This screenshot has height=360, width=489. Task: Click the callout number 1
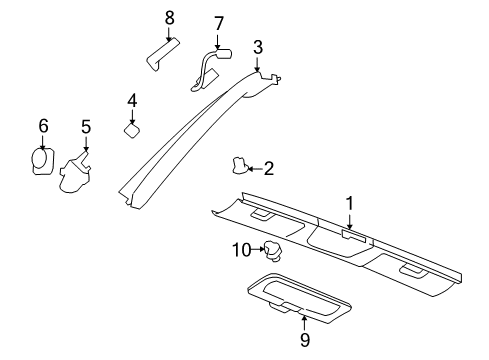pyautogui.click(x=350, y=203)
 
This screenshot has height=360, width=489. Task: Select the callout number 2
pyautogui.click(x=268, y=170)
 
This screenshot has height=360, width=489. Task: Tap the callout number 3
pyautogui.click(x=258, y=46)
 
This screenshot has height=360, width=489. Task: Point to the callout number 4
pyautogui.click(x=131, y=100)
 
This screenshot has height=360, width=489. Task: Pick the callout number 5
pyautogui.click(x=85, y=127)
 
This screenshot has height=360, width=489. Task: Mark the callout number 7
pyautogui.click(x=219, y=22)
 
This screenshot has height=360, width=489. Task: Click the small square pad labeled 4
pyautogui.click(x=132, y=129)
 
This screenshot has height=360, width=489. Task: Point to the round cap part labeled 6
pyautogui.click(x=42, y=159)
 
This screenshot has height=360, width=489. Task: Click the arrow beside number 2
pyautogui.click(x=254, y=169)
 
